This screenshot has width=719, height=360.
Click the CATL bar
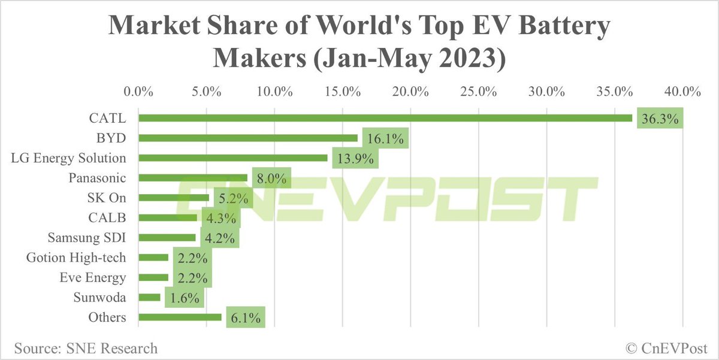(385, 118)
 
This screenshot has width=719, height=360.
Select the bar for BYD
(248, 138)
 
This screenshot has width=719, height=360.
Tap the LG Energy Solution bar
(233, 158)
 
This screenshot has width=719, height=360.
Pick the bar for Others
(180, 317)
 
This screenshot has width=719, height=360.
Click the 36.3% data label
(660, 119)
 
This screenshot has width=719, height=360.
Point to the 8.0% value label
(270, 179)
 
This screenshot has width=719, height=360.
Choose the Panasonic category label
(97, 178)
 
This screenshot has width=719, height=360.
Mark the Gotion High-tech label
(76, 258)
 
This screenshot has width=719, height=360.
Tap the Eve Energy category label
(93, 277)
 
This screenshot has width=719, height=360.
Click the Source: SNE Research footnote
(86, 348)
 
